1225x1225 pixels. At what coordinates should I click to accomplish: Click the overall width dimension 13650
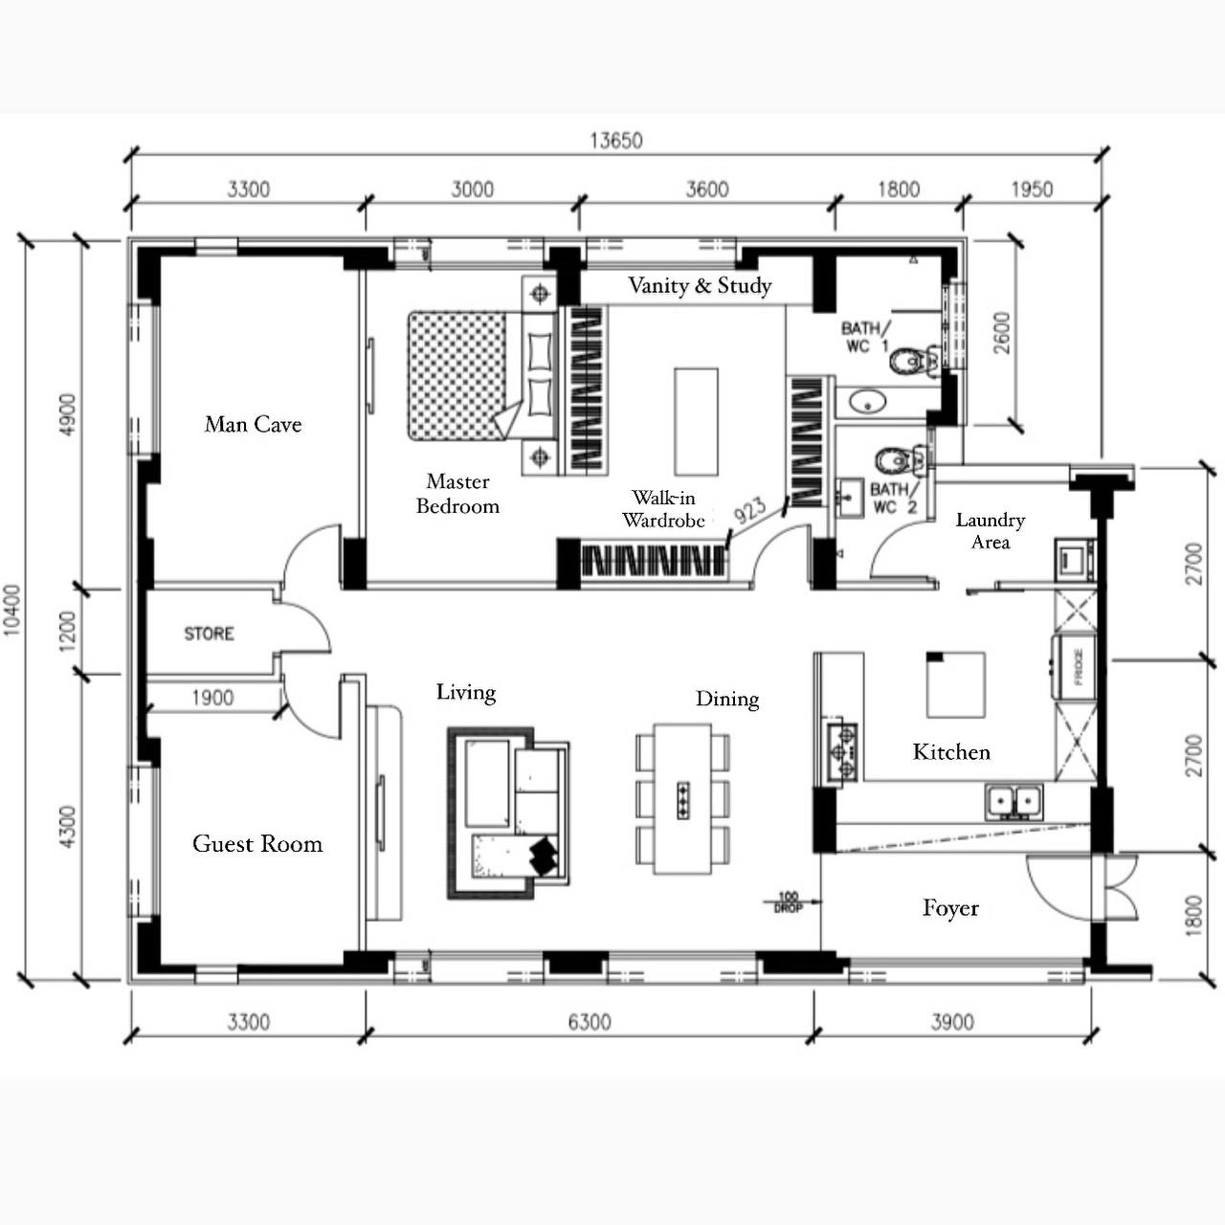(x=615, y=141)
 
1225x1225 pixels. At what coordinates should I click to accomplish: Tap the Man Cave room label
(x=253, y=424)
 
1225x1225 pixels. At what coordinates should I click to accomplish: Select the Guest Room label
(x=257, y=843)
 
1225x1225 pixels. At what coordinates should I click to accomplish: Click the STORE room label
(x=209, y=634)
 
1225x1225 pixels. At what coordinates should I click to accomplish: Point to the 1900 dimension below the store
(x=212, y=698)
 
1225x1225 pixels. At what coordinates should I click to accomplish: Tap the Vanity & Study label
(x=700, y=285)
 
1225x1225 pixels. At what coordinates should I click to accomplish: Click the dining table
(x=682, y=798)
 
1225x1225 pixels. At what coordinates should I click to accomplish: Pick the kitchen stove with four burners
(x=843, y=752)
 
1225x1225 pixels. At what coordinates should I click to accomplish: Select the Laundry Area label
(x=991, y=530)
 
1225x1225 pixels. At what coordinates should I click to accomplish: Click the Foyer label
(x=950, y=907)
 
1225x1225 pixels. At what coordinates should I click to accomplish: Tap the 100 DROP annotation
(x=788, y=902)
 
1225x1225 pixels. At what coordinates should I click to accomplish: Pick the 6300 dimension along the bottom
(x=589, y=1022)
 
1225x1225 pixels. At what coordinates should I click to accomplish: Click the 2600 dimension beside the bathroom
(x=1001, y=332)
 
